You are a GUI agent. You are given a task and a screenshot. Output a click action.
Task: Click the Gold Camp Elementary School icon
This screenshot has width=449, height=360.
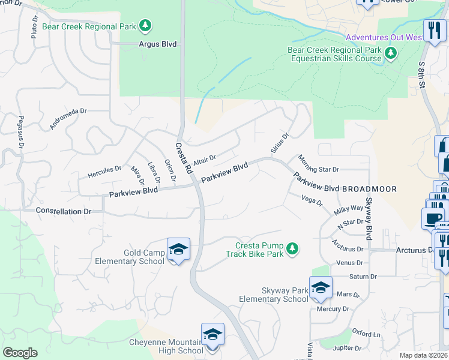pyautogui.click(x=178, y=249)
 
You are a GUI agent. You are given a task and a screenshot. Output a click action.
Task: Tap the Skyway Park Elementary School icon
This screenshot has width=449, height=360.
pyautogui.click(x=321, y=287)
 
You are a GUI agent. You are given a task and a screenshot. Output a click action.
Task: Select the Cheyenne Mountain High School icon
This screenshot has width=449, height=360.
pyautogui.click(x=212, y=334)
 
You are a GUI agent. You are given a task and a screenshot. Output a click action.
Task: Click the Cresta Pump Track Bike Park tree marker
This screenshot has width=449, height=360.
pyautogui.click(x=292, y=248)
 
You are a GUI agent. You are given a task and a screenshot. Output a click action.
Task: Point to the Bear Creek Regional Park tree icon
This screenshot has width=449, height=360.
pyautogui.click(x=145, y=26)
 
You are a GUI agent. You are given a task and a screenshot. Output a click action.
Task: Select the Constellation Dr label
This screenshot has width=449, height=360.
pyautogui.click(x=63, y=211)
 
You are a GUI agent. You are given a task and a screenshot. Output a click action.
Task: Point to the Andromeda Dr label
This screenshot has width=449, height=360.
pyautogui.click(x=68, y=119)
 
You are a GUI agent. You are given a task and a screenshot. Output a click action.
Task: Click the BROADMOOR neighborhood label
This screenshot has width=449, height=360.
pyautogui.click(x=369, y=188)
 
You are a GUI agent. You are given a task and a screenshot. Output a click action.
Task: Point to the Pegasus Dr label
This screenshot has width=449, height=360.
pyautogui.click(x=20, y=132)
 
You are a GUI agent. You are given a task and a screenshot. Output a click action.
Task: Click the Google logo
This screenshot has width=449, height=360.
pyautogui.click(x=20, y=353)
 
